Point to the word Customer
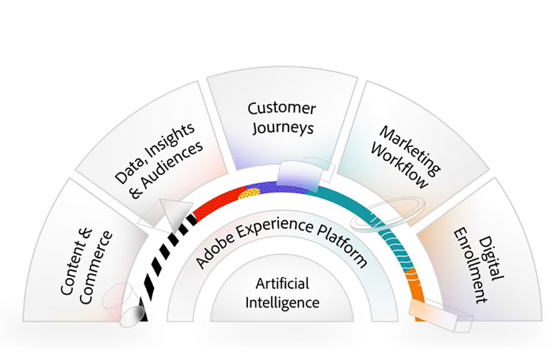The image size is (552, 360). pos(282,107)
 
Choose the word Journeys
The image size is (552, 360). pos(282,128)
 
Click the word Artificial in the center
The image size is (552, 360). pos(282,284)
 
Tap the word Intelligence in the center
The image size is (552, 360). pos(282,303)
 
